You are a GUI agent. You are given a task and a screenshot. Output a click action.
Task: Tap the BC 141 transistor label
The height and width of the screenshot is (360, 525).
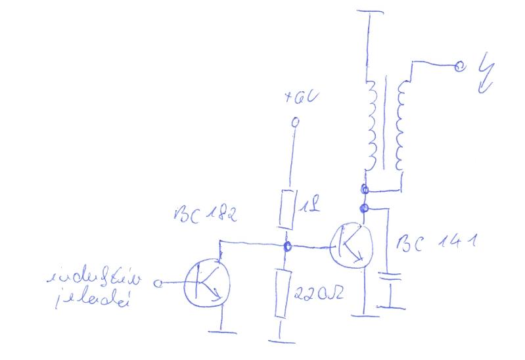[x=436, y=244]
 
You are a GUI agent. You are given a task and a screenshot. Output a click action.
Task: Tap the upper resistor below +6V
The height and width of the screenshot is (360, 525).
[x=286, y=210]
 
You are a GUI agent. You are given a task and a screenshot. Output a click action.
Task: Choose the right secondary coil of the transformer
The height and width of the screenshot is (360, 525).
[x=400, y=124]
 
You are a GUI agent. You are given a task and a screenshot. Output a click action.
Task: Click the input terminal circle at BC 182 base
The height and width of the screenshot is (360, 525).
[x=158, y=283]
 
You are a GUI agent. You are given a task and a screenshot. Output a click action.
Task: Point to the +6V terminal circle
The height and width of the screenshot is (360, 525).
[x=295, y=122]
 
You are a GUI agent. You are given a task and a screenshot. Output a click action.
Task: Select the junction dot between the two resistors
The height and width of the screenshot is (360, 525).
[x=287, y=248]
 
